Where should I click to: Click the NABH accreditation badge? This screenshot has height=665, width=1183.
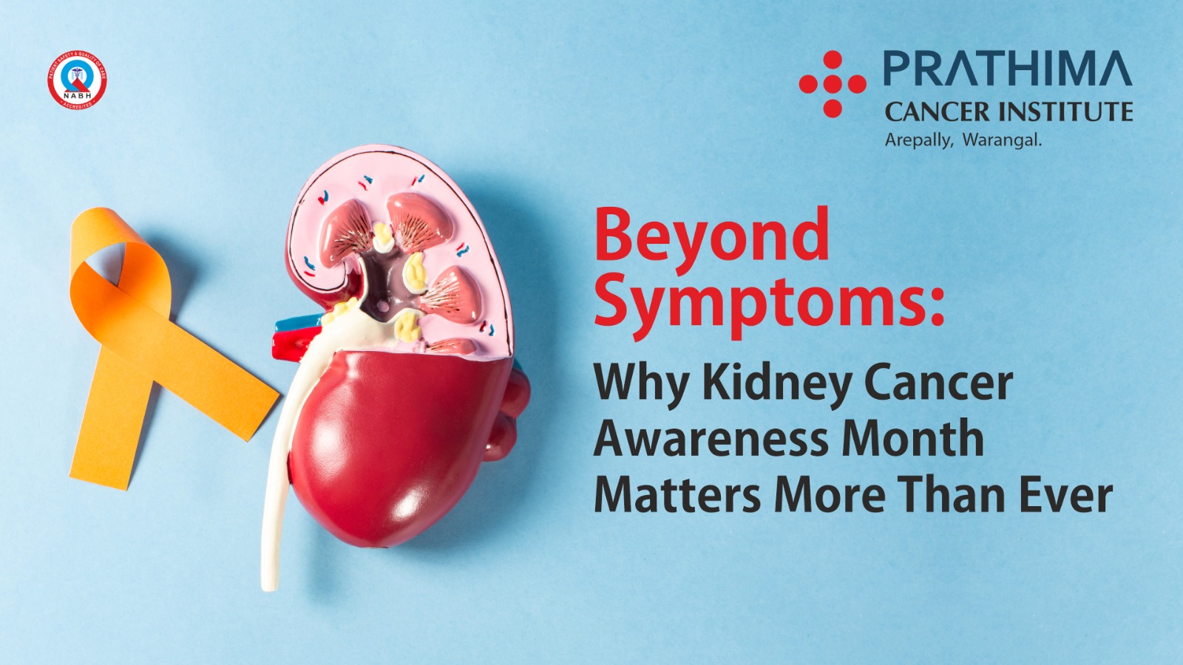click(77, 80)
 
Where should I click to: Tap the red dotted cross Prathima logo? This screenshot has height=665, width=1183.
click(833, 84)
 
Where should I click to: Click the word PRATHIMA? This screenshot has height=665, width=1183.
click(1007, 69)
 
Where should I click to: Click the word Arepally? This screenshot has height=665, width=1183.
click(918, 140)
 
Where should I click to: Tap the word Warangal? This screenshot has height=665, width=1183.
click(1001, 140)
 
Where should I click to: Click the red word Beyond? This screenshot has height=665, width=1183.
click(711, 236)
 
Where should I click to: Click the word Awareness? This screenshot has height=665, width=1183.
click(711, 439)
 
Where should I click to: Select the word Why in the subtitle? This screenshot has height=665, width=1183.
click(641, 384)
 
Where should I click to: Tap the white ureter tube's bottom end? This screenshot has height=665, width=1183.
click(270, 584)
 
